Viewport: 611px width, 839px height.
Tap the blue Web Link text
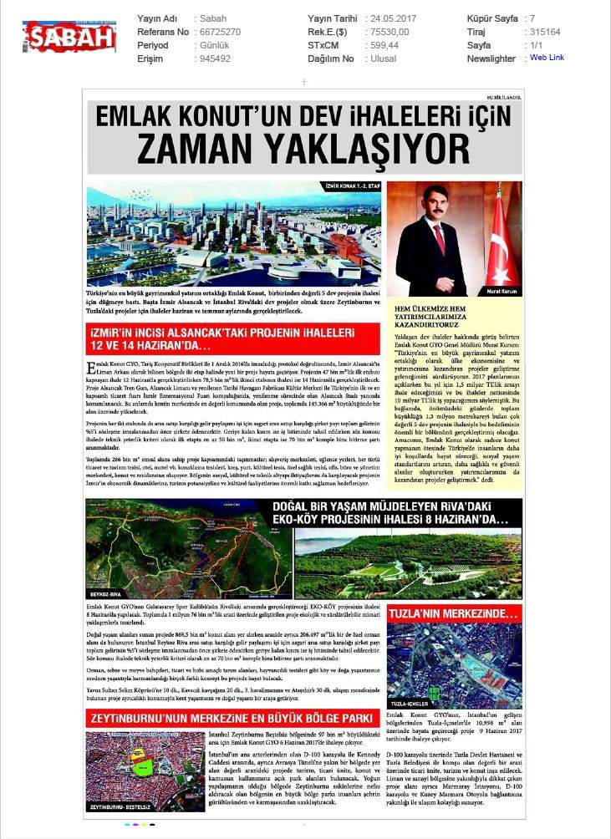[x=547, y=58]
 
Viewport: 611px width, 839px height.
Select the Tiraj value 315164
[x=544, y=31]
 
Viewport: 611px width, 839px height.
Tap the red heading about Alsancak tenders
[x=213, y=338]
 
